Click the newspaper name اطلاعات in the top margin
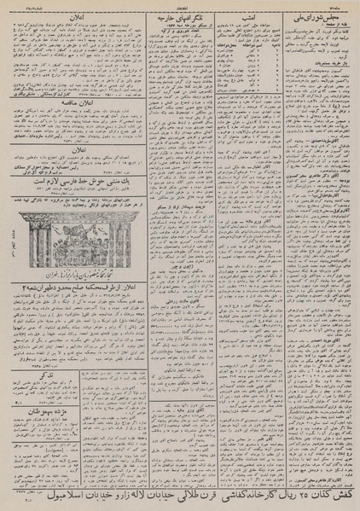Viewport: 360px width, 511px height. (180, 4)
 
